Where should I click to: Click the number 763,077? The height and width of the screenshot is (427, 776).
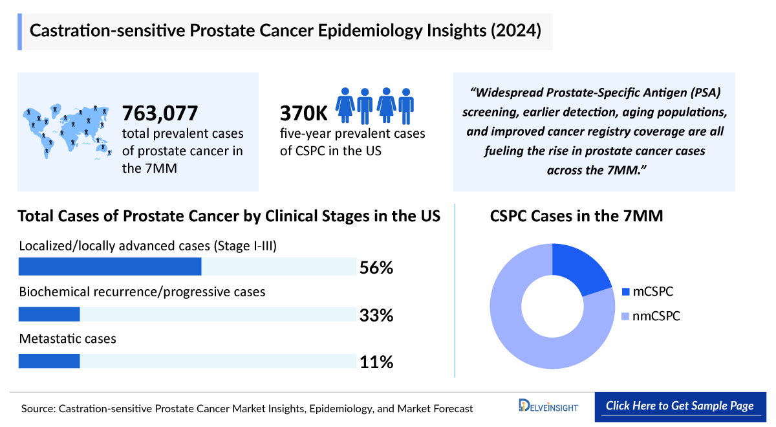click(160, 114)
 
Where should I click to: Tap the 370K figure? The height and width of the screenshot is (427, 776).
click(303, 114)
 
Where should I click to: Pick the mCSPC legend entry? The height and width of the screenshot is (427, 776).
click(647, 292)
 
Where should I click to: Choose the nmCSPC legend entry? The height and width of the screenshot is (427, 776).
click(650, 316)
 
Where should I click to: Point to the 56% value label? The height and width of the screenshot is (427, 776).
click(376, 267)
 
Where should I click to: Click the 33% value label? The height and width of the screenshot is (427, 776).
click(376, 315)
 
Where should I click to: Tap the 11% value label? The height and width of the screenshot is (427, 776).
click(376, 362)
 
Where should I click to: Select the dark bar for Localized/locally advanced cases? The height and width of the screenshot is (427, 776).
click(110, 267)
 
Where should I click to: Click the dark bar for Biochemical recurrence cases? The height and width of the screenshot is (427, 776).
click(49, 314)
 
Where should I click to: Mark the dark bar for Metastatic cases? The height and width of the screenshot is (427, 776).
click(49, 361)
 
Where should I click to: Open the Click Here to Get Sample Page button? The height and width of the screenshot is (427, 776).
click(680, 406)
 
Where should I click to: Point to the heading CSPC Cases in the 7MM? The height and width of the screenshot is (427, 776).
click(576, 216)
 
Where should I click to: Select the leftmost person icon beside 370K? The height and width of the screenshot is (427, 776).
click(345, 106)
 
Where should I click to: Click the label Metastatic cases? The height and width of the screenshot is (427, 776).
click(68, 338)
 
